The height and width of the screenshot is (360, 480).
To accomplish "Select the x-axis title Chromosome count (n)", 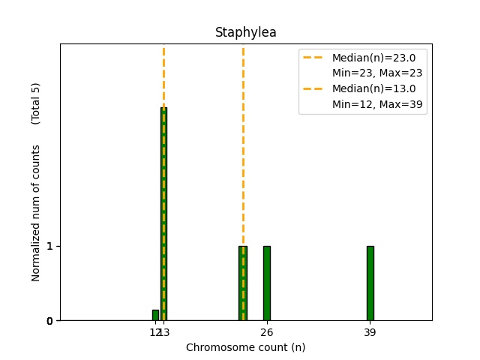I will [245, 347].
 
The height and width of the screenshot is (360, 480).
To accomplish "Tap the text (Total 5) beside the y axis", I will [36, 103].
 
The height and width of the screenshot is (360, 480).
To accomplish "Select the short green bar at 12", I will [155, 315].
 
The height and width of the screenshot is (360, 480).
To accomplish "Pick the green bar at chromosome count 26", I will [266, 283].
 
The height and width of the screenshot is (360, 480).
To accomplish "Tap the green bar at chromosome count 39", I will [370, 283].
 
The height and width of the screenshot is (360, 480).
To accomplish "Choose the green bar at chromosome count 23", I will [242, 283].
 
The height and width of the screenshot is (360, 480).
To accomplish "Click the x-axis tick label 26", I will [266, 332].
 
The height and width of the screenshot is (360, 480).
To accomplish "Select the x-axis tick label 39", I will [370, 332].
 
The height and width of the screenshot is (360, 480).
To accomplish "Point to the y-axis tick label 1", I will [49, 246].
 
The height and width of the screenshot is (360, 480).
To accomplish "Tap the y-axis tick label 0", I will [49, 321].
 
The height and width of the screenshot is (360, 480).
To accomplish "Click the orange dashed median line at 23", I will [243, 150].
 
